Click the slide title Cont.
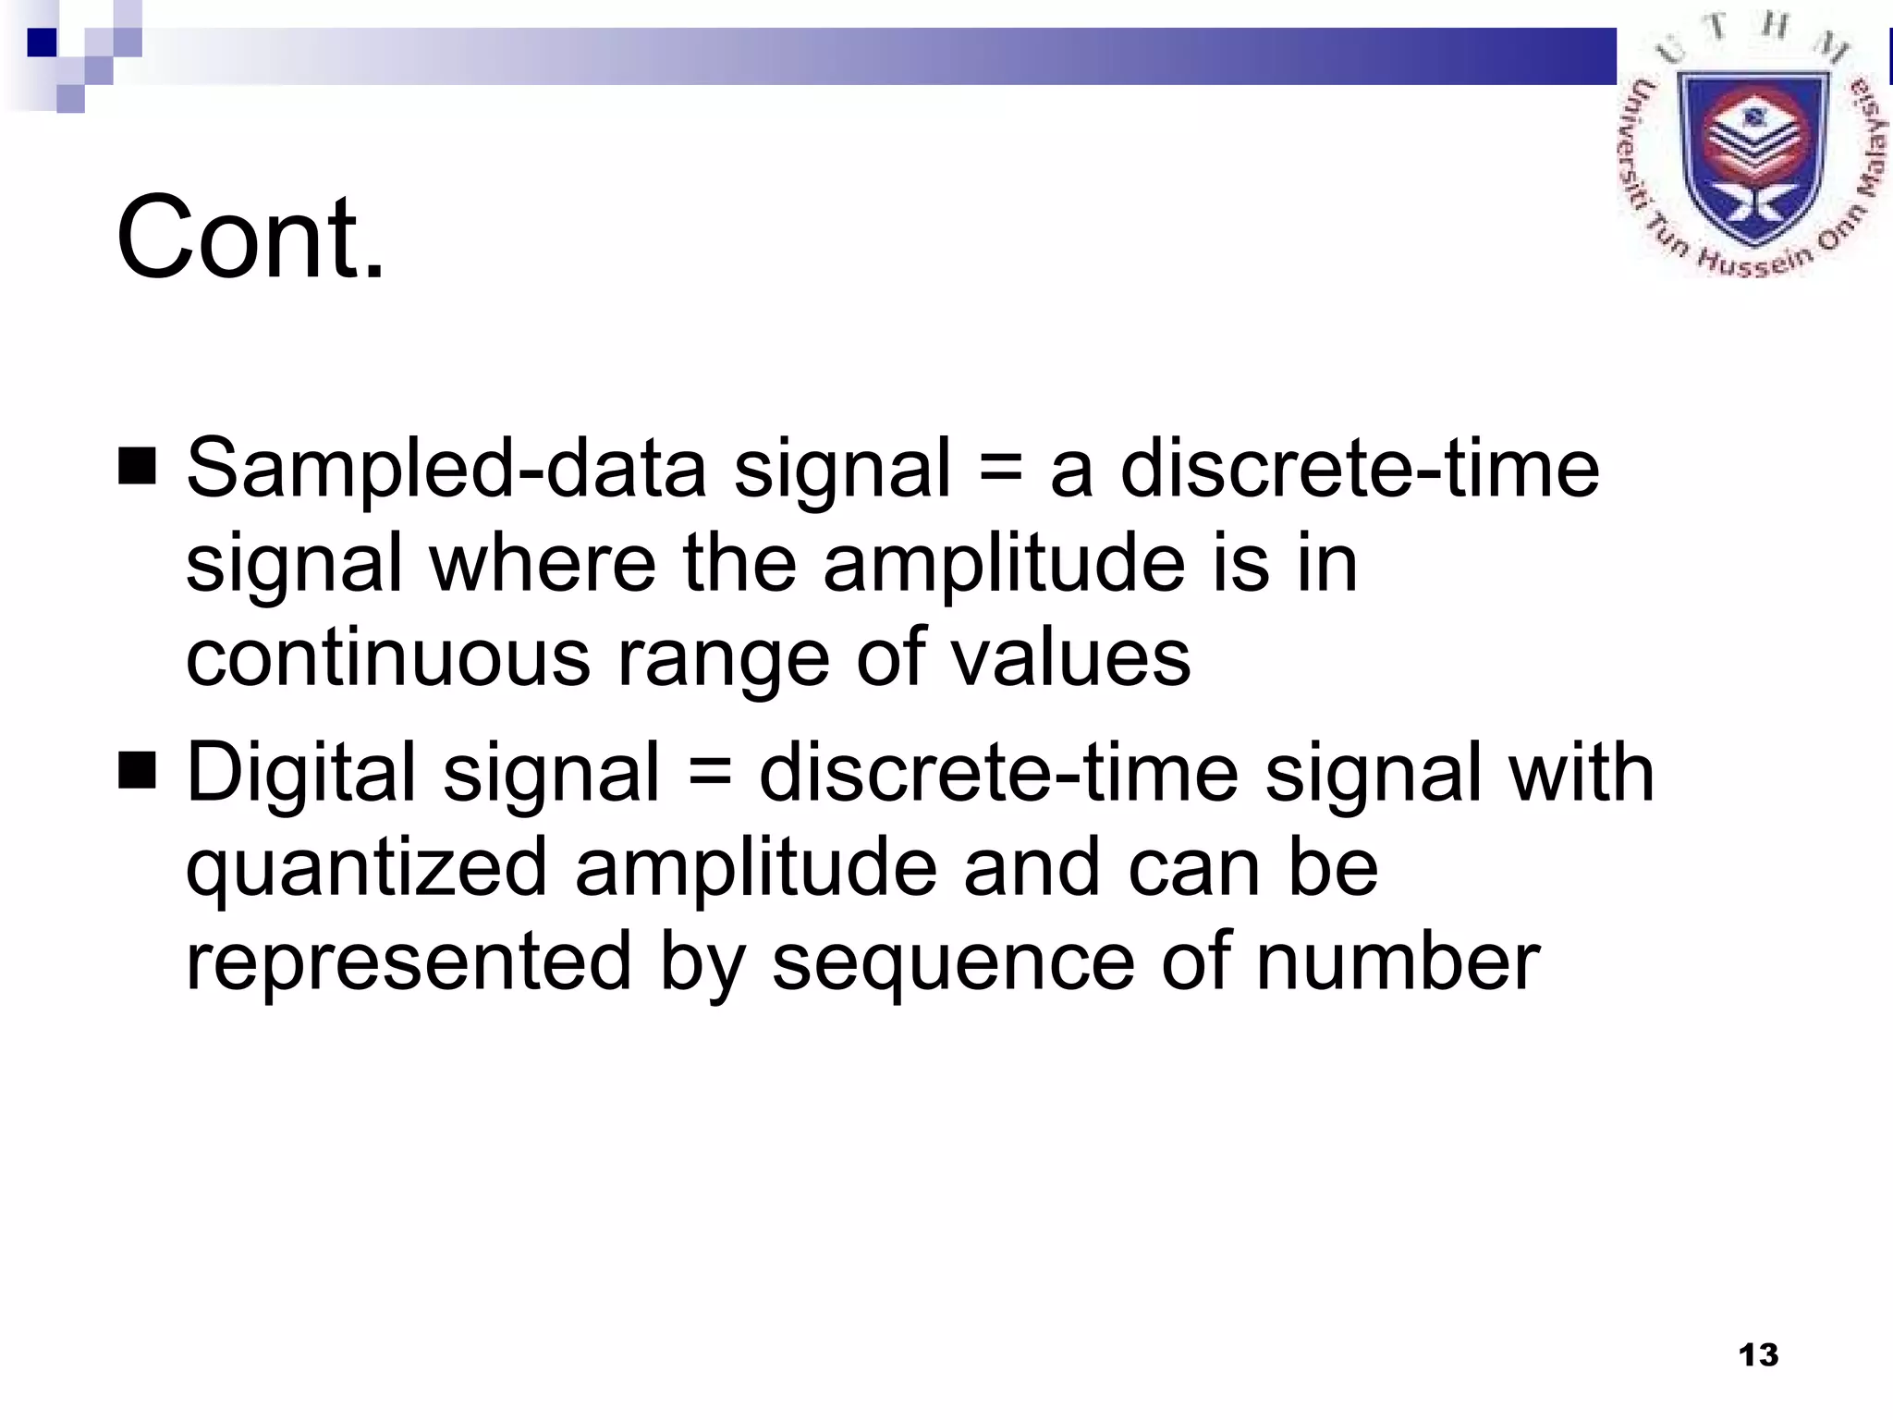pos(250,238)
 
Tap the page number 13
pos(1758,1355)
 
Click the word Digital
pos(300,772)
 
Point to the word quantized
pos(366,869)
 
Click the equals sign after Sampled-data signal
pos(1000,468)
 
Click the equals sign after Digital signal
pos(709,773)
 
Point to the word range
pos(723,660)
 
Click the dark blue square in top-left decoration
pos(42,43)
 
